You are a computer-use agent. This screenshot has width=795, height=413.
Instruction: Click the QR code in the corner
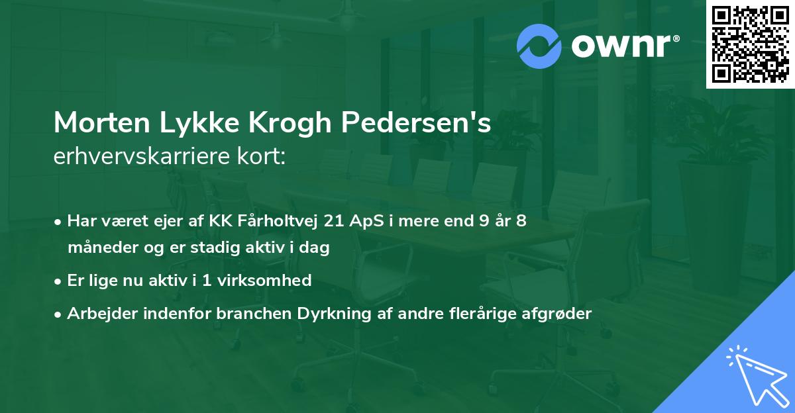click(x=750, y=44)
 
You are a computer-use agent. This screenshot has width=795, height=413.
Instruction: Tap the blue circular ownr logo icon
click(x=539, y=46)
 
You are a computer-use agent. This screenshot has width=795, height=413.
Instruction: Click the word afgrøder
click(x=556, y=313)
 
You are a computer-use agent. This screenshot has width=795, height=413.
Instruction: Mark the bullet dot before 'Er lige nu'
click(x=59, y=281)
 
